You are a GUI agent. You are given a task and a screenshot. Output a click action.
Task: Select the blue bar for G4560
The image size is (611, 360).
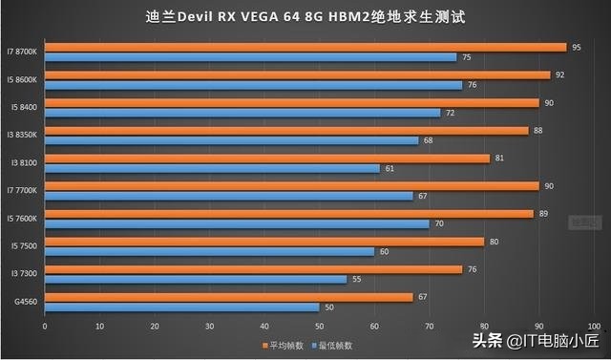[x=181, y=307]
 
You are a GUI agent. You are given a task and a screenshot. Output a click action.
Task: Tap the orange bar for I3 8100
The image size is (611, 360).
[x=267, y=158]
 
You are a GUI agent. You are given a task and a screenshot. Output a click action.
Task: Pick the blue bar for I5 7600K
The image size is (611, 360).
[x=237, y=223]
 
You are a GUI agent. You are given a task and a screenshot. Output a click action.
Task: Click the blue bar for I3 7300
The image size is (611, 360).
[x=196, y=280]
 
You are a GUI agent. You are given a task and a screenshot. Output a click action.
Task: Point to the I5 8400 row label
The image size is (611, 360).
[x=24, y=107]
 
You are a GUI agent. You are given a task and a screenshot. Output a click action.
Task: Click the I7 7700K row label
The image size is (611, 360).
[x=23, y=190]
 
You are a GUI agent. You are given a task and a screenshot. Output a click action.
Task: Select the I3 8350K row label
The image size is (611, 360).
[x=23, y=135]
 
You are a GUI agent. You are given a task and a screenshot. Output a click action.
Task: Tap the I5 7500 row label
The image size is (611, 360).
[x=24, y=245]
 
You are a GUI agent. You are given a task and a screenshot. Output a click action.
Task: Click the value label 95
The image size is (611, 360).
[x=576, y=47]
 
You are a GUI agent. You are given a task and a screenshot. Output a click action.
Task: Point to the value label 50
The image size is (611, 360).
[x=329, y=307]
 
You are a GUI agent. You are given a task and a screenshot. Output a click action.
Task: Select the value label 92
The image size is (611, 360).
[x=559, y=74]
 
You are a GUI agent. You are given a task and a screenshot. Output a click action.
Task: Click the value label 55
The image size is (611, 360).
[x=356, y=280]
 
